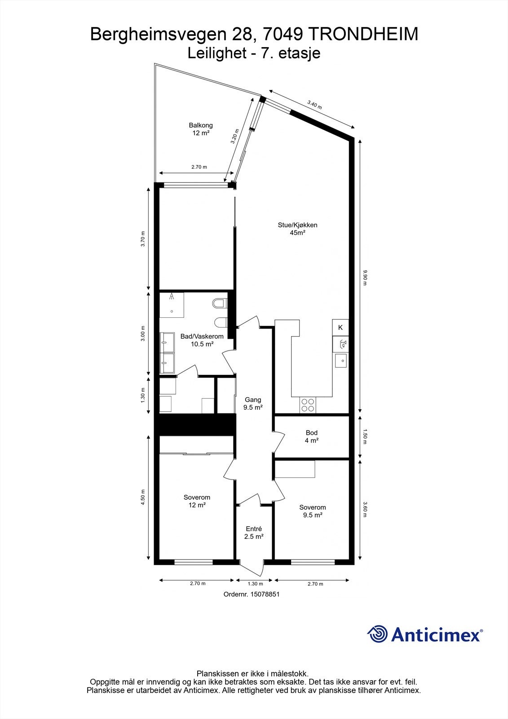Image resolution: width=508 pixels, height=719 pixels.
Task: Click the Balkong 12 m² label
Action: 200,129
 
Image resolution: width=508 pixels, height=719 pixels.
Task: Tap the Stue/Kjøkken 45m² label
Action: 297,229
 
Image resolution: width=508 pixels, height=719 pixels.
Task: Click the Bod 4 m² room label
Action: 311,437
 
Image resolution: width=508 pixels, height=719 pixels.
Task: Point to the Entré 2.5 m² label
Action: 253,533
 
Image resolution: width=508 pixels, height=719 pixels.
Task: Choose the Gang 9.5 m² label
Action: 253,404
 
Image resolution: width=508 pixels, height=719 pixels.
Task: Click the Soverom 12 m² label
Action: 197,501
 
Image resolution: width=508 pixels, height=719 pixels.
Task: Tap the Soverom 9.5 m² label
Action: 313,511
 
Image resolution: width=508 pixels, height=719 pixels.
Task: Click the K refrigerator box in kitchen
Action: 340,328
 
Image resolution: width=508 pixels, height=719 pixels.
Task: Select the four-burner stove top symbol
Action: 308,405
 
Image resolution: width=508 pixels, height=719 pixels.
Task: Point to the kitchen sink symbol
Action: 341,360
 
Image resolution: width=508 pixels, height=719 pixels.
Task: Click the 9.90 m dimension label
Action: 366,278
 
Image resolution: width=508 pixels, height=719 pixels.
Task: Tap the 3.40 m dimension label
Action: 314,105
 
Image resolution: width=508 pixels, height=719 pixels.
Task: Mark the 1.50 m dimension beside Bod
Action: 365,437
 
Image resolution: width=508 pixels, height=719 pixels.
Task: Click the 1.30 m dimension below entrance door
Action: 255,584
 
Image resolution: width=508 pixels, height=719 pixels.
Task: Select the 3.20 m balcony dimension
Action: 234,136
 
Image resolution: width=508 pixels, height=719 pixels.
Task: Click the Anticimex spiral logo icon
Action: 377,635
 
